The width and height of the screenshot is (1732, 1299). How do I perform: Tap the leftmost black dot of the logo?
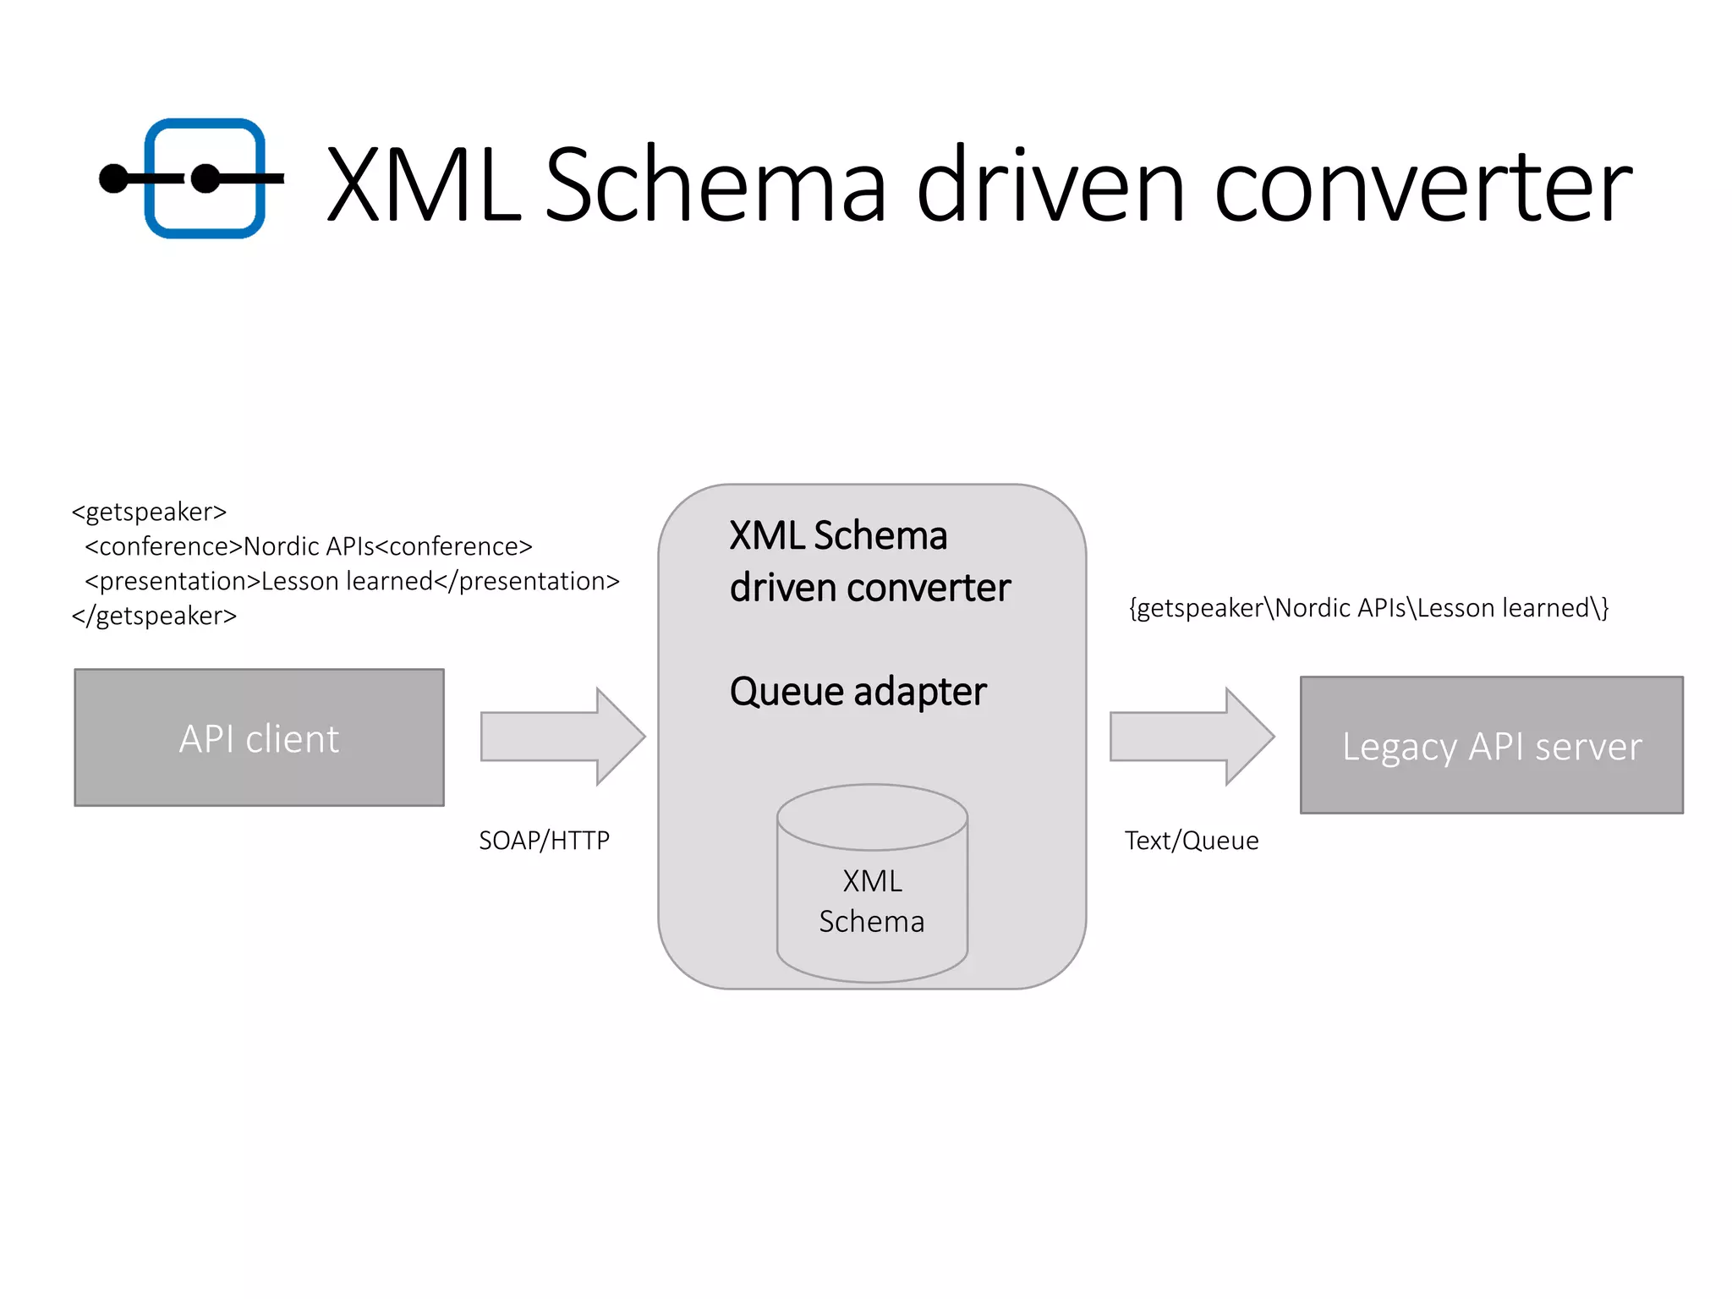click(x=113, y=178)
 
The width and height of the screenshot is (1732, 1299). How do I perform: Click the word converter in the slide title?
click(x=1422, y=185)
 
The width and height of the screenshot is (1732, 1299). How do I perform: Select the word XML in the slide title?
click(x=423, y=185)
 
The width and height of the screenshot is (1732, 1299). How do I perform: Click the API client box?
click(x=259, y=737)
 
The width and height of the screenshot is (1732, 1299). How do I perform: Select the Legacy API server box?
click(x=1491, y=745)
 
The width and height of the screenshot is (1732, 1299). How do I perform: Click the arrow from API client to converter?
click(x=562, y=737)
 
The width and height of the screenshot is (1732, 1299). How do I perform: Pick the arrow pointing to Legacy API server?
click(x=1192, y=737)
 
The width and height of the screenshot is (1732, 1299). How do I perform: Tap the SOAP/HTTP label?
click(x=544, y=841)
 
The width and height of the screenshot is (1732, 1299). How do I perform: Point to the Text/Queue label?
click(x=1191, y=841)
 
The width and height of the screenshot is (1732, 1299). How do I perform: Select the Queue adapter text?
click(x=858, y=692)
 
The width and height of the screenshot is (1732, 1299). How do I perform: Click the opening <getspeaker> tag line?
click(x=150, y=512)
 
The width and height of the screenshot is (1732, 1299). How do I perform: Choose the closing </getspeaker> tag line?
click(x=154, y=616)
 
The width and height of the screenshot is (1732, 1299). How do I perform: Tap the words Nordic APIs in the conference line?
click(x=309, y=546)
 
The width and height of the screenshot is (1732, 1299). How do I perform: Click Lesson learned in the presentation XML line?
click(x=347, y=581)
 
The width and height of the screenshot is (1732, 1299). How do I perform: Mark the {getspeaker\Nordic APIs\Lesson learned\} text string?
click(x=1368, y=608)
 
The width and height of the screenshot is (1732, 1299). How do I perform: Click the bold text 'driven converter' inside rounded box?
click(x=870, y=588)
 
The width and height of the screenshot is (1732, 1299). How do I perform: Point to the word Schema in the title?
click(x=715, y=185)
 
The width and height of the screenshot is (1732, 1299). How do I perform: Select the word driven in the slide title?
click(x=1050, y=185)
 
